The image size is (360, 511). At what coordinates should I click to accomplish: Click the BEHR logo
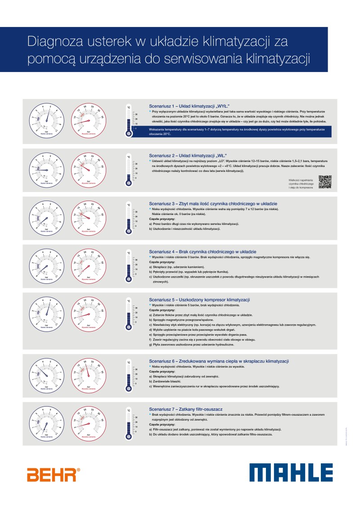point(54,475)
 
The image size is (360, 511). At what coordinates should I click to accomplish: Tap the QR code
point(325,182)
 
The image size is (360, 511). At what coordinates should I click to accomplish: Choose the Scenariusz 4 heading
point(202,251)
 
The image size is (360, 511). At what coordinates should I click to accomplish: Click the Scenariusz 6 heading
point(219,361)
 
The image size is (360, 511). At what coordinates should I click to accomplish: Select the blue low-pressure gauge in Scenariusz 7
point(46,424)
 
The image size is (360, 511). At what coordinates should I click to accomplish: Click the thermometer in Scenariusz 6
point(129,377)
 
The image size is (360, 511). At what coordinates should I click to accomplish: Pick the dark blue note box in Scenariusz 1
point(238,131)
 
